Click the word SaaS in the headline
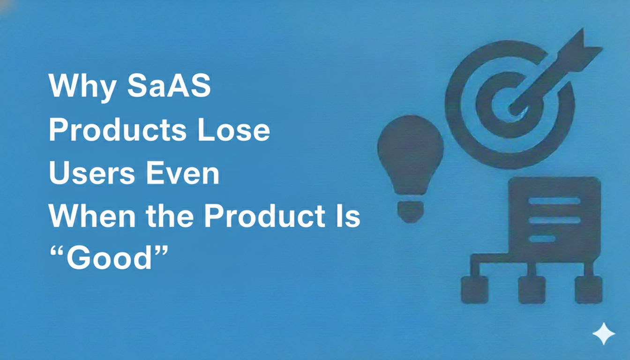(169, 86)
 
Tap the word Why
(82, 88)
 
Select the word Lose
(233, 130)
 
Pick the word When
(92, 216)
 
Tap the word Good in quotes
(109, 257)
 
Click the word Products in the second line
(118, 130)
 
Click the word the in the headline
(170, 216)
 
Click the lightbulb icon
(410, 169)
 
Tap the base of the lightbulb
(410, 211)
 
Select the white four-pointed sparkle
(604, 334)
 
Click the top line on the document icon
(555, 201)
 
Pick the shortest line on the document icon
(542, 239)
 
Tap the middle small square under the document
(532, 290)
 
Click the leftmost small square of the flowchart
(475, 290)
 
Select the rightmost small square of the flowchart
(589, 290)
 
